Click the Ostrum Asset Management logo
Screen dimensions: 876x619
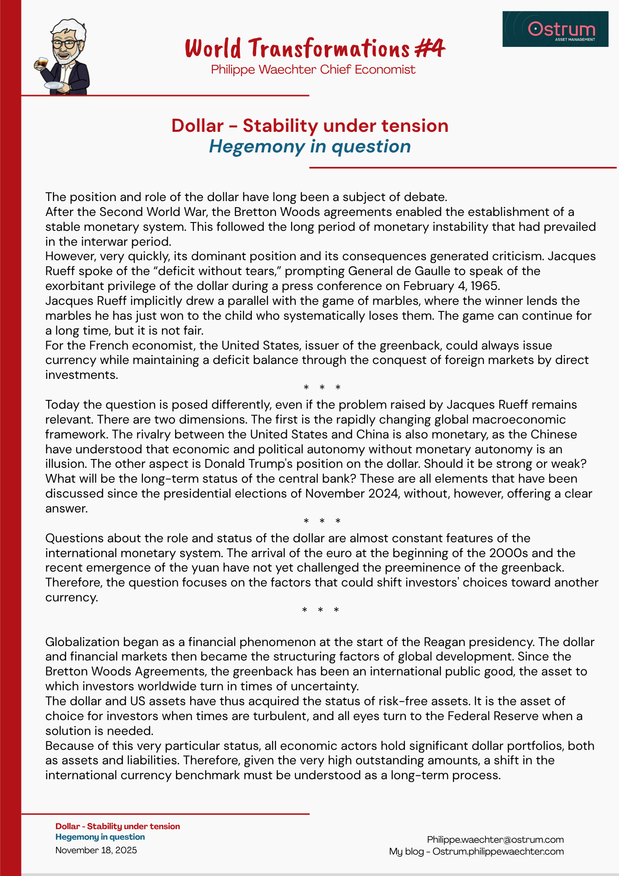coord(555,29)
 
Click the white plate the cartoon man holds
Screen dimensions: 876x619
coord(53,85)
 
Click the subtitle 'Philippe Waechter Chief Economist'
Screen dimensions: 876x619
coord(313,70)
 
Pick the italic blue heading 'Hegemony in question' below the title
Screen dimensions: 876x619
coord(309,146)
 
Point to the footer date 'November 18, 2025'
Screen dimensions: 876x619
coord(96,851)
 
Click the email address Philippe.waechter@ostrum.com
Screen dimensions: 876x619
coord(495,840)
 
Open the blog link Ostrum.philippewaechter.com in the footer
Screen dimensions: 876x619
coord(498,851)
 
